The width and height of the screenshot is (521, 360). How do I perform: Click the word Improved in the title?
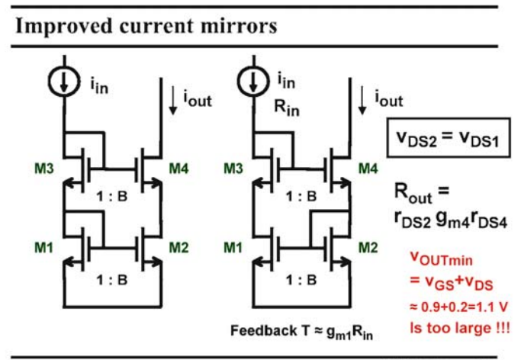[x=64, y=27]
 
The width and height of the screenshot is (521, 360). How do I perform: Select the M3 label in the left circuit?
[x=43, y=169]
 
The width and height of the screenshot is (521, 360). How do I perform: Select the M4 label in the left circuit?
[x=178, y=169]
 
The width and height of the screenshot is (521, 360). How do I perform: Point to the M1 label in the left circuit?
[x=43, y=248]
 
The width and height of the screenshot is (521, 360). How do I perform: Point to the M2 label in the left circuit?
[x=178, y=248]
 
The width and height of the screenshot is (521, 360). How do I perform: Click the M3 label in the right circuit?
[x=233, y=169]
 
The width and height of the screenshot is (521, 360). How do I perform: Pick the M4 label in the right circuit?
[x=368, y=169]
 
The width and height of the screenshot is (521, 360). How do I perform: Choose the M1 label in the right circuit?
[x=233, y=248]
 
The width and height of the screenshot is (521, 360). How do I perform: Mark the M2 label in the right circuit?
[x=368, y=248]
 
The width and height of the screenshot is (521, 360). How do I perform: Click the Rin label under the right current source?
[x=286, y=108]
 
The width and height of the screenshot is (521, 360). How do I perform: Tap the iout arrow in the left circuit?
[x=173, y=100]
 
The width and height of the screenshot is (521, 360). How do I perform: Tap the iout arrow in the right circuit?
[x=362, y=100]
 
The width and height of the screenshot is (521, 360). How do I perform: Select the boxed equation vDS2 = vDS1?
[x=449, y=137]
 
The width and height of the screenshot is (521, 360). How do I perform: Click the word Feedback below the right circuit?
[x=264, y=331]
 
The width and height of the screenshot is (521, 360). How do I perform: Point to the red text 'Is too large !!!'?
[x=460, y=328]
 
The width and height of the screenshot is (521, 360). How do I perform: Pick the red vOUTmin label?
[x=441, y=259]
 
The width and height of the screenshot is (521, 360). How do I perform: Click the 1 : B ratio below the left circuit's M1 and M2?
[x=112, y=280]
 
